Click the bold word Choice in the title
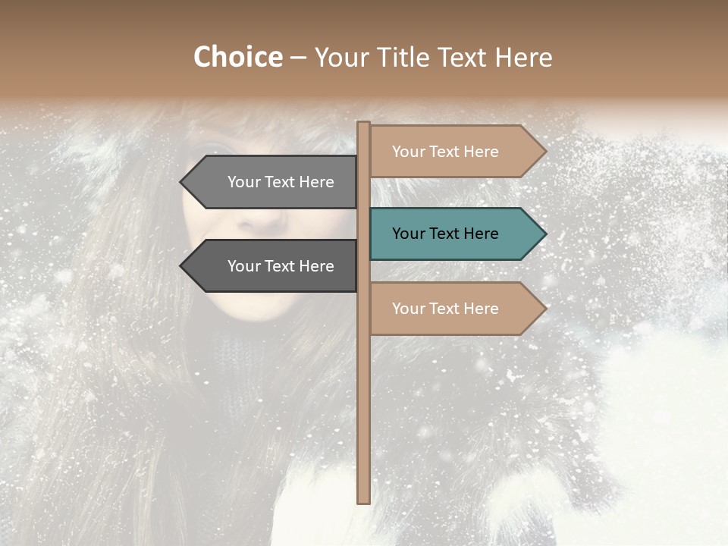coord(237,58)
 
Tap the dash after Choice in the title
coord(298,58)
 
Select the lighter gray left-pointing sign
coord(273,182)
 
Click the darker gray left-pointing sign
coord(273,266)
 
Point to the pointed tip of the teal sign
coord(544,234)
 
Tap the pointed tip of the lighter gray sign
coord(183,182)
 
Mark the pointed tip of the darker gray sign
coord(183,266)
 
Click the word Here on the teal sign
coord(479,234)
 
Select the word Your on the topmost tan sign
coord(409,152)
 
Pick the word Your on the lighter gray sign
coord(244,182)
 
